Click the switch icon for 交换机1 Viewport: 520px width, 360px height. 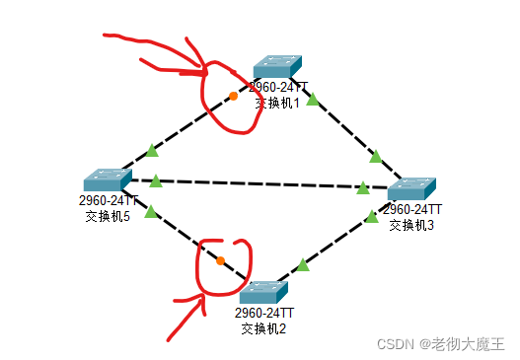[x=276, y=65]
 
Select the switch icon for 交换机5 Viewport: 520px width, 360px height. [x=107, y=180]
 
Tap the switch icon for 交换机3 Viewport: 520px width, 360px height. [x=411, y=189]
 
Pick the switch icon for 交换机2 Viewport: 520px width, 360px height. [x=263, y=292]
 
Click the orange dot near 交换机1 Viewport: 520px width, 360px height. [x=233, y=96]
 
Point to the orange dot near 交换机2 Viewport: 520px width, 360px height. [x=220, y=261]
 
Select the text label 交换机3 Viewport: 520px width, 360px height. [x=411, y=225]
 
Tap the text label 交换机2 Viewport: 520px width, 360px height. [x=263, y=327]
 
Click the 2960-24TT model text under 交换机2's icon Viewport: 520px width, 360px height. [x=263, y=313]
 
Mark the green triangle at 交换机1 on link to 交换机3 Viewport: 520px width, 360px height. [x=313, y=99]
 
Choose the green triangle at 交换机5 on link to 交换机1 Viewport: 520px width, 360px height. [x=151, y=151]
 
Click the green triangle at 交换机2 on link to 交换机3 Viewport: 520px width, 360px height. [x=303, y=263]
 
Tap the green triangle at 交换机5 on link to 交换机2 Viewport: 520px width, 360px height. [x=150, y=211]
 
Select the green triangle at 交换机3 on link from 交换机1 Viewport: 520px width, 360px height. [x=375, y=155]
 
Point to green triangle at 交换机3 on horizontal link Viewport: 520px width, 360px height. [x=363, y=186]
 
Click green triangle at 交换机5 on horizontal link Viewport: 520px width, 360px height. [x=155, y=180]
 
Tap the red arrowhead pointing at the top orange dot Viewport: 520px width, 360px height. [x=202, y=71]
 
